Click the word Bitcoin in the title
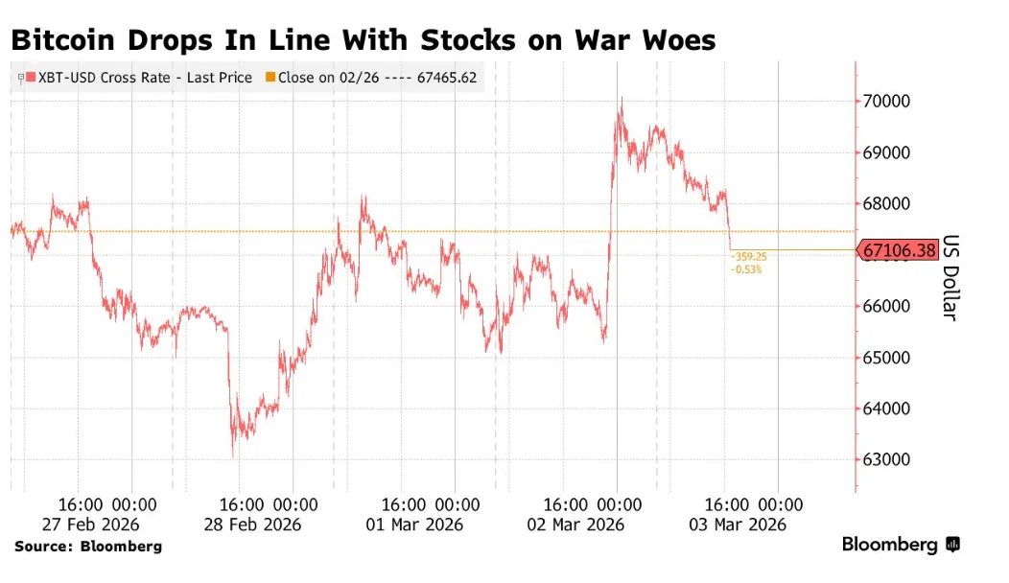[63, 40]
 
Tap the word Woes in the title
[679, 40]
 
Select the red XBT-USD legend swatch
[31, 78]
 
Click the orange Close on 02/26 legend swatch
[270, 78]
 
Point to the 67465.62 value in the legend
[447, 78]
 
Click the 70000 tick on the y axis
[886, 101]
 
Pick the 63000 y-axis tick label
[886, 459]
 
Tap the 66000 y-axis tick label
[886, 306]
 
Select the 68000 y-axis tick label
[886, 203]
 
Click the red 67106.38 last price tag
[899, 249]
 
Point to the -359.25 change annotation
[748, 257]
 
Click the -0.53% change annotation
[746, 269]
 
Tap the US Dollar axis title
[950, 277]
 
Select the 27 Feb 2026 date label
[91, 525]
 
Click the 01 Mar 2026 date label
[414, 525]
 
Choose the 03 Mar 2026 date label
[738, 525]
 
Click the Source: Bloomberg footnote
[88, 547]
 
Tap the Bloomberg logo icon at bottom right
[953, 545]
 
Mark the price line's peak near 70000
[622, 98]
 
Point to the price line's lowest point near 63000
[233, 456]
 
